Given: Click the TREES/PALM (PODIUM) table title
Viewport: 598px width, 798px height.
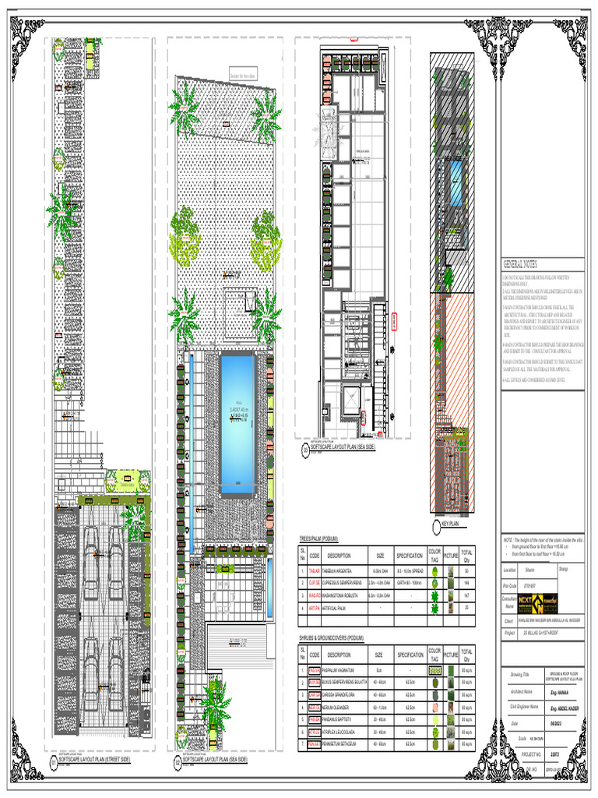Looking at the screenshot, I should pyautogui.click(x=318, y=539).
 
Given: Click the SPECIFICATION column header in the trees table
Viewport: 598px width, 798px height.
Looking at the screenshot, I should pyautogui.click(x=409, y=556).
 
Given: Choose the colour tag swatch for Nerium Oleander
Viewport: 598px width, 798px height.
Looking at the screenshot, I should pyautogui.click(x=434, y=707).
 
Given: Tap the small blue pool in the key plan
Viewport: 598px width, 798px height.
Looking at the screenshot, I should pyautogui.click(x=454, y=182).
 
